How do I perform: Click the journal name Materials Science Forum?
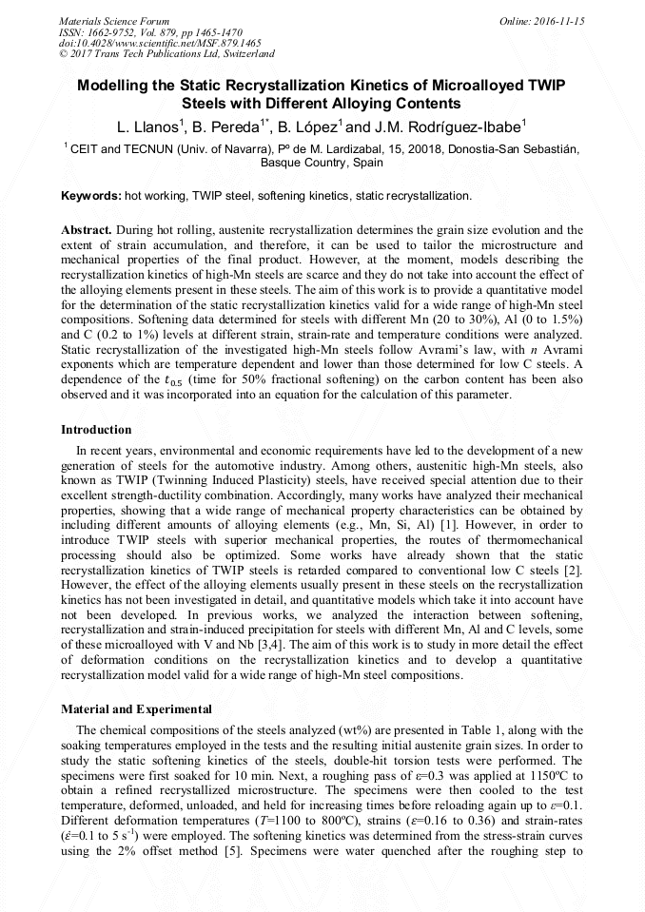coord(114,21)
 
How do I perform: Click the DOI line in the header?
coord(160,44)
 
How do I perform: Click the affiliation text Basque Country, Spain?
coord(322,163)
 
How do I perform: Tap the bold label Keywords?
coord(90,196)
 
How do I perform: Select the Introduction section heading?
coord(96,430)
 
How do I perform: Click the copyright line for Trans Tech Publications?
coord(166,55)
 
